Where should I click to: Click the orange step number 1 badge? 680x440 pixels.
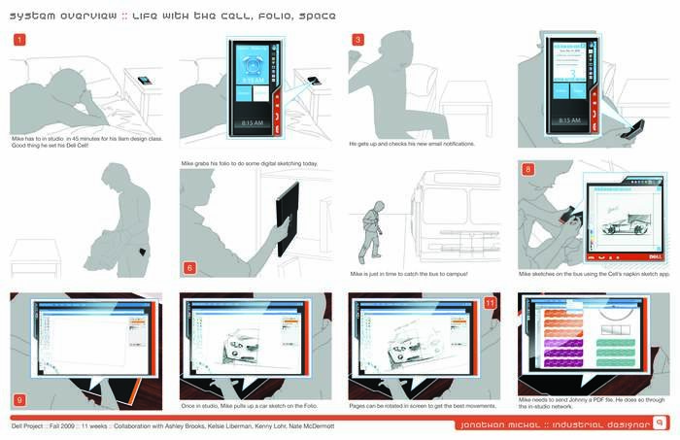pos(19,40)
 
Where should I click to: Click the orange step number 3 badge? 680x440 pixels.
pos(357,40)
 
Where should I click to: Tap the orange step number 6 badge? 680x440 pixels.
pos(188,268)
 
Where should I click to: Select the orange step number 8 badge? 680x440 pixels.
pos(527,169)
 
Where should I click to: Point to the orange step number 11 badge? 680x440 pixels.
pos(489,303)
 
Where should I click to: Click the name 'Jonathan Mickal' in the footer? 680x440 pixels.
pos(515,423)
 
